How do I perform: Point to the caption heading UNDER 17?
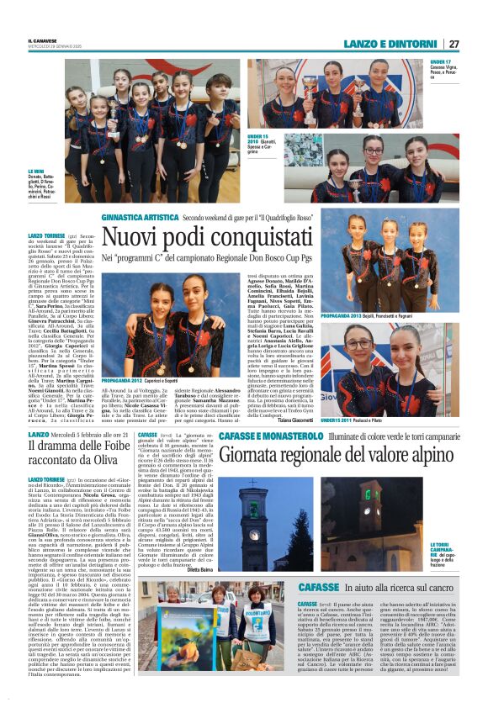(440, 62)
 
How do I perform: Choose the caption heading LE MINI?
(37, 170)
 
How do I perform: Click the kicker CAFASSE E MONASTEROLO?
(271, 436)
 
